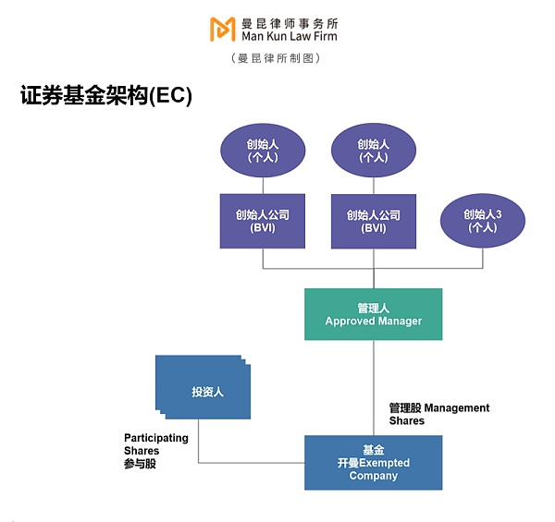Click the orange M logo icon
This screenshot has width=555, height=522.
pos(222,29)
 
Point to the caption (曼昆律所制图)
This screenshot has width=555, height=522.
pos(277,58)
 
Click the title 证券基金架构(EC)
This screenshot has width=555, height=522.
pos(105,96)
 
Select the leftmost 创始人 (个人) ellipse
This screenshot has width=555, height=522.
pos(263,151)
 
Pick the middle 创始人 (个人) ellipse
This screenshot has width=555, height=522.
pos(374,151)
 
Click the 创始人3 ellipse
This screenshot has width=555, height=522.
pos(482,220)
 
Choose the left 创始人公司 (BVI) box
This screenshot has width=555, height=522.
pos(263,222)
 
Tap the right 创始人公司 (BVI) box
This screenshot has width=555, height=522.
pos(374,222)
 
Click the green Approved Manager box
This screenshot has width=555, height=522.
pos(374,314)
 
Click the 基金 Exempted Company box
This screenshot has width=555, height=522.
pos(374,462)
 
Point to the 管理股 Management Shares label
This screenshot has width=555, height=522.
pos(438,414)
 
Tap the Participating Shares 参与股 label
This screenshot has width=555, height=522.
pos(155,451)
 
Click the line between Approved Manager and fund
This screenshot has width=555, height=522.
pos(374,379)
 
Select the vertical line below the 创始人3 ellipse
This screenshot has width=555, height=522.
pos(482,257)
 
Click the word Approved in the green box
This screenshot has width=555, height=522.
pos(350,322)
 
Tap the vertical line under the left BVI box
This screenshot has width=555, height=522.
pos(263,259)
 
